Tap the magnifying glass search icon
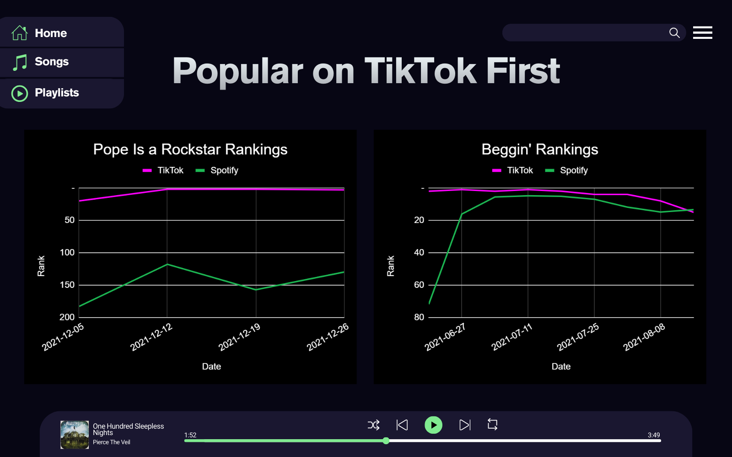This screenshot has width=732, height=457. pyautogui.click(x=674, y=33)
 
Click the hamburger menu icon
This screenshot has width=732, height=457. pyautogui.click(x=702, y=33)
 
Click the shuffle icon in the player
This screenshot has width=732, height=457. pyautogui.click(x=373, y=425)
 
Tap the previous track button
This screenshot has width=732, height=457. pyautogui.click(x=402, y=425)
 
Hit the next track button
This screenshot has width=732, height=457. pyautogui.click(x=464, y=425)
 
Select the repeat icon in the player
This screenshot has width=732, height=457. pyautogui.click(x=492, y=425)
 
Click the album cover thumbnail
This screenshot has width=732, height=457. pyautogui.click(x=75, y=435)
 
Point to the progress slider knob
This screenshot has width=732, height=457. pyautogui.click(x=386, y=441)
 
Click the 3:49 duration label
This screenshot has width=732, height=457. pyautogui.click(x=654, y=435)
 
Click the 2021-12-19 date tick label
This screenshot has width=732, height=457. pyautogui.click(x=239, y=337)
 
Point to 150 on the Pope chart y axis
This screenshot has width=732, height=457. pyautogui.click(x=67, y=285)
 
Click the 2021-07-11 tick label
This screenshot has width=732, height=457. pyautogui.click(x=511, y=337)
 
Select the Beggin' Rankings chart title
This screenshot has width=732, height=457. pyautogui.click(x=540, y=149)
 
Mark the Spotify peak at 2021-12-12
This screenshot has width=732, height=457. pyautogui.click(x=167, y=264)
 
